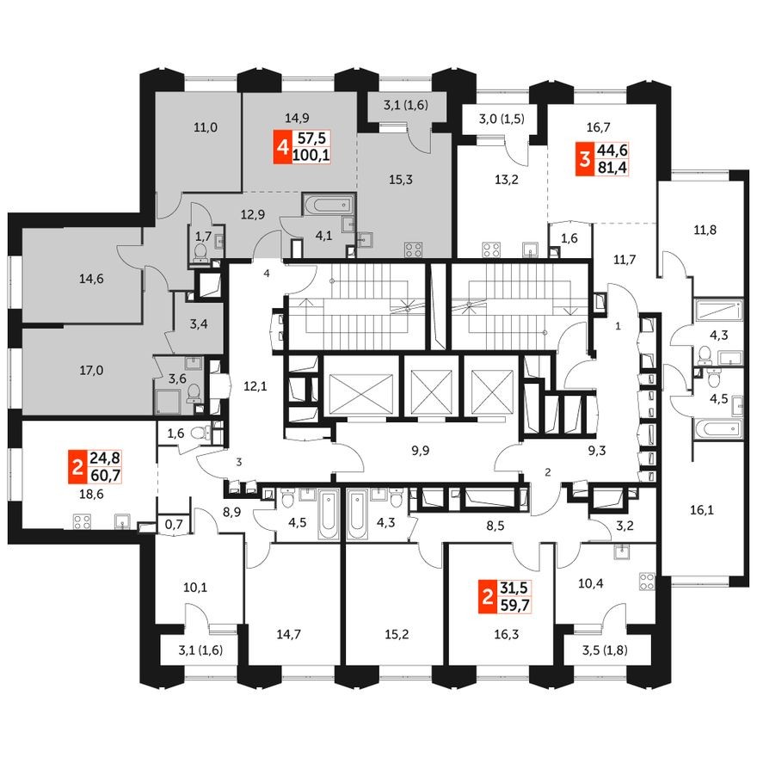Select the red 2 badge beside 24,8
coord(77,468)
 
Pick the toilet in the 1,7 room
coord(201,252)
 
